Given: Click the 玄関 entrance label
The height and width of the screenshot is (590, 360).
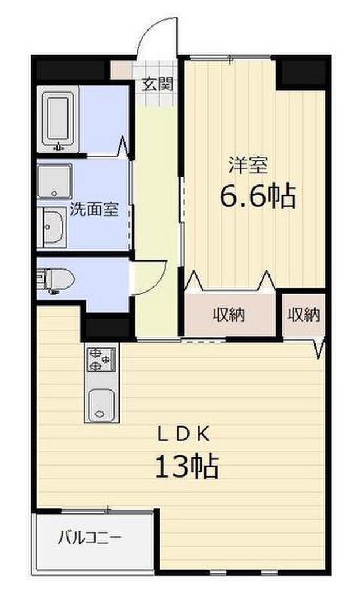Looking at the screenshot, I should point(157,85).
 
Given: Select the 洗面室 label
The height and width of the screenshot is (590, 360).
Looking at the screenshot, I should point(94,209).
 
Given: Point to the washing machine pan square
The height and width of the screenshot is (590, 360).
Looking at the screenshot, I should point(55,180).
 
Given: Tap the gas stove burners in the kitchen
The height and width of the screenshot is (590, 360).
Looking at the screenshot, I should point(101,359).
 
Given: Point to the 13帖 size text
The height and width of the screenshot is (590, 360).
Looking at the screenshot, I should point(185,466).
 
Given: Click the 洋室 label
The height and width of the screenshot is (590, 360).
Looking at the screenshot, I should point(248,165).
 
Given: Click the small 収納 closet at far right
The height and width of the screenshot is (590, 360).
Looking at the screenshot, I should point(304,315).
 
